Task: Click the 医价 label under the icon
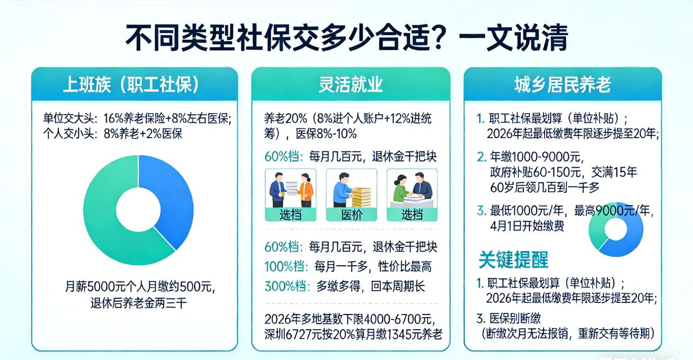pos(351,214)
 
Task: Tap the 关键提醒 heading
pos(513,260)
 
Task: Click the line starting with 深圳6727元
pos(353,333)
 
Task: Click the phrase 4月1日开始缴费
pos(527,225)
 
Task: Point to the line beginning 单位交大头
pos(137,119)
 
